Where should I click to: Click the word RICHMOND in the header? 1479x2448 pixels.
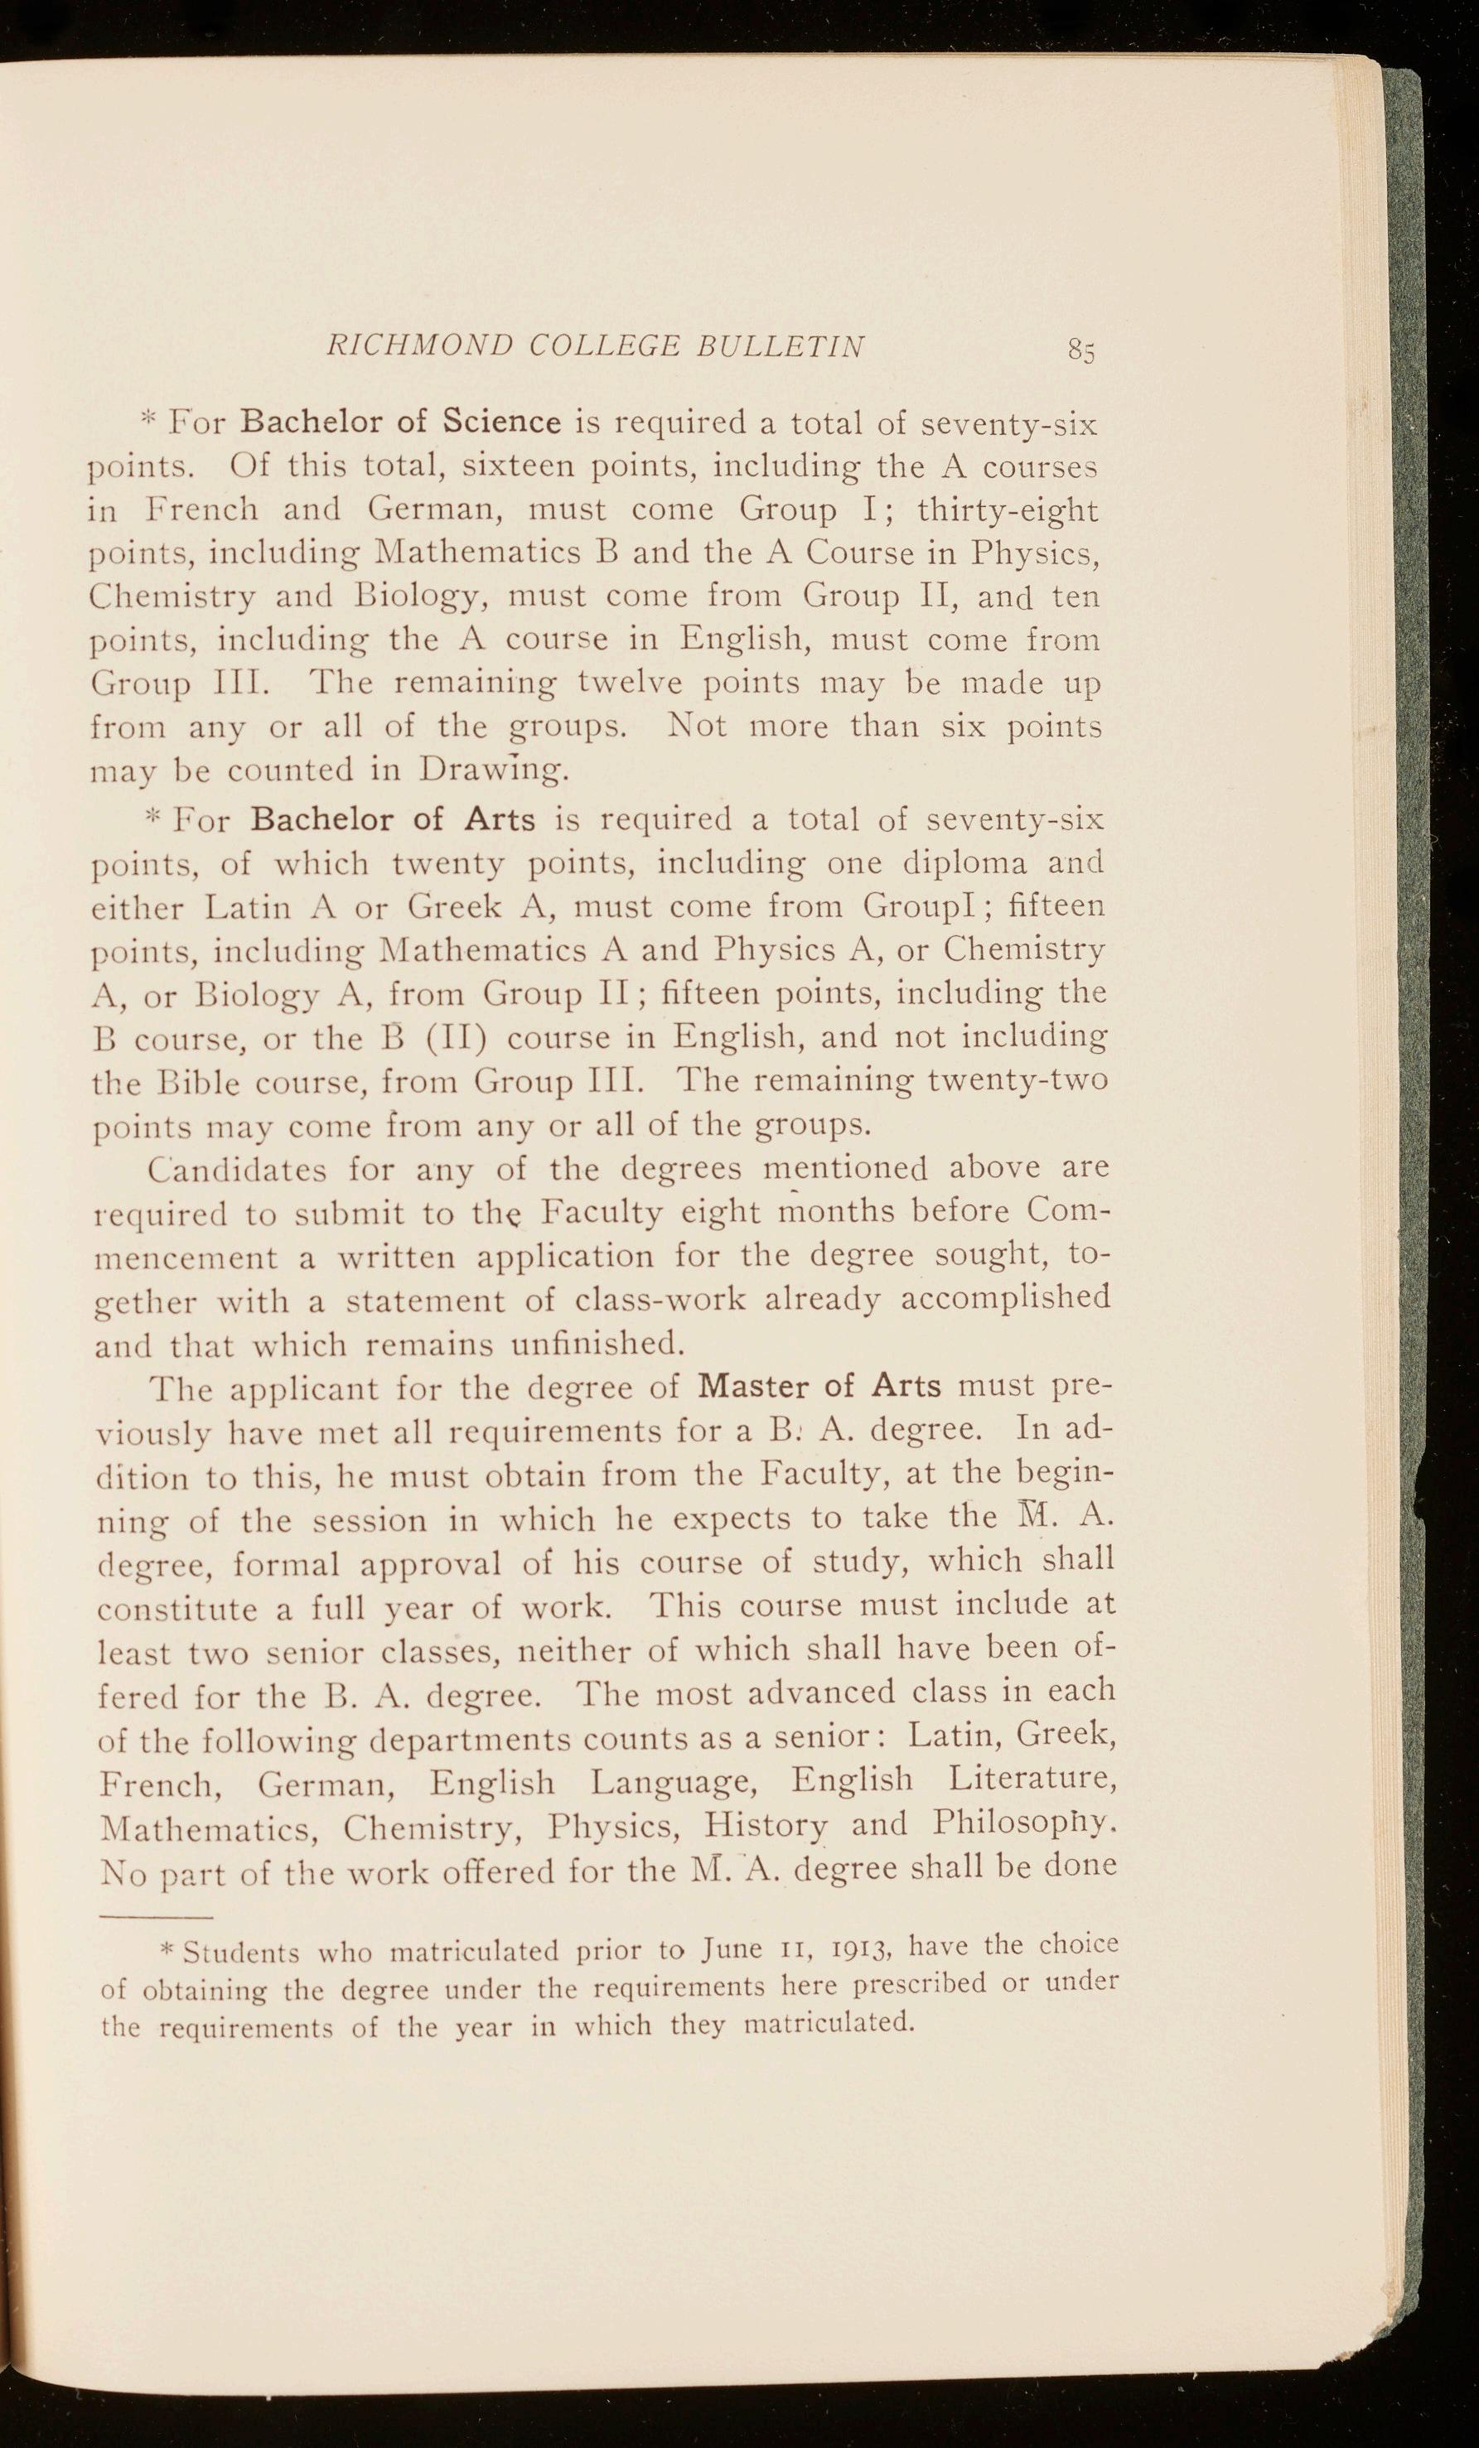(418, 345)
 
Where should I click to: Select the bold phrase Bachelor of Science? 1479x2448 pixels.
(402, 422)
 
